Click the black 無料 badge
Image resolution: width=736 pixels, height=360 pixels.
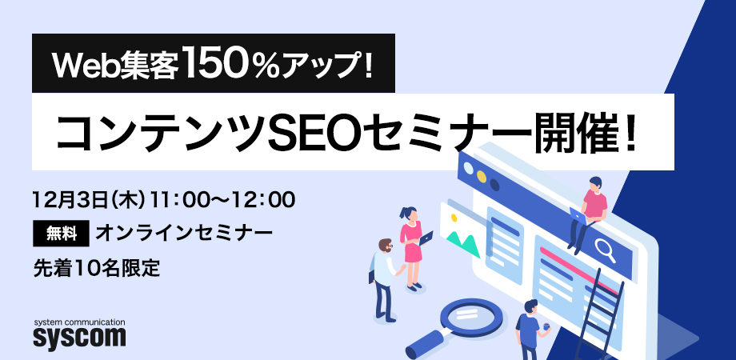[x=60, y=233]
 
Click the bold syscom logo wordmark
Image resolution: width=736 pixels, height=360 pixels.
[x=79, y=337]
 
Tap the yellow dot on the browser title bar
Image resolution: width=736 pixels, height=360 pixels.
[x=481, y=174]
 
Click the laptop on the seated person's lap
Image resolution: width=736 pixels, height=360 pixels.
[x=577, y=214]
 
